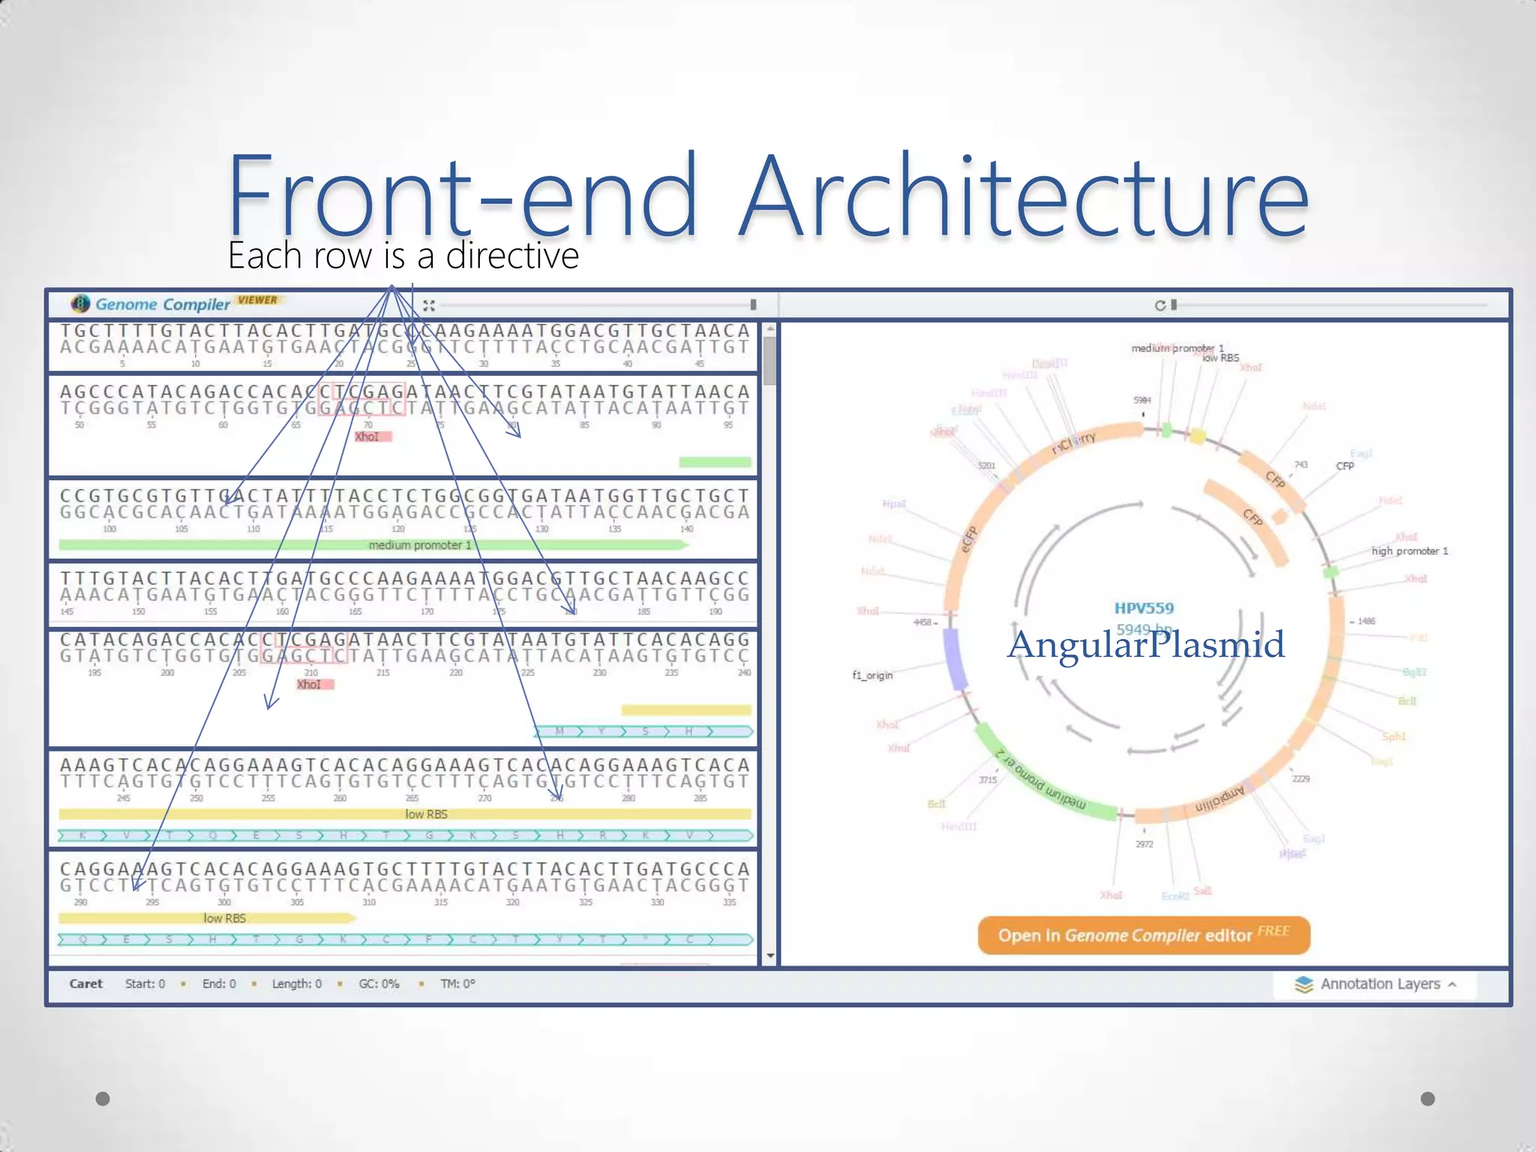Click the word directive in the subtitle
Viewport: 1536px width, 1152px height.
[x=512, y=256]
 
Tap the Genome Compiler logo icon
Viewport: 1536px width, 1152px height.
[x=80, y=304]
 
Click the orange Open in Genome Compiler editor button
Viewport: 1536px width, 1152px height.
[x=1144, y=935]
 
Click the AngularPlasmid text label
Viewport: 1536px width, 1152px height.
[x=1145, y=645]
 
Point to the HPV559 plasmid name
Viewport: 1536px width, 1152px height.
[x=1144, y=608]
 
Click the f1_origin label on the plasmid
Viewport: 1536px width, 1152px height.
[x=872, y=675]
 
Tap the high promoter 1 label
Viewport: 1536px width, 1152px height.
[x=1409, y=551]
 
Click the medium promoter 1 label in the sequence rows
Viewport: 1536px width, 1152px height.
[x=420, y=545]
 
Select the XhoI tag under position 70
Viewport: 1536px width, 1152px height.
[x=367, y=436]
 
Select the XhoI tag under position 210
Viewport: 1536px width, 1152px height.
[x=310, y=685]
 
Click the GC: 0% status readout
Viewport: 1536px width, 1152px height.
[x=379, y=984]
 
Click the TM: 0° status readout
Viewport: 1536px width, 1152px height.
[x=457, y=984]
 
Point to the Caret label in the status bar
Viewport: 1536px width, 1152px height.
[x=85, y=984]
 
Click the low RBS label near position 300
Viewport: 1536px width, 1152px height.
[x=224, y=918]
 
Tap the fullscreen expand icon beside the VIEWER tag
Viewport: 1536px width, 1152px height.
[x=429, y=305]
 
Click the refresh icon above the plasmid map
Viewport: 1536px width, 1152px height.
[x=1160, y=305]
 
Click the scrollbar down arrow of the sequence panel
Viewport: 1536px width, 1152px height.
[x=770, y=956]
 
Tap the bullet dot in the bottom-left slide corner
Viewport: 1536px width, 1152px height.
[x=103, y=1099]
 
